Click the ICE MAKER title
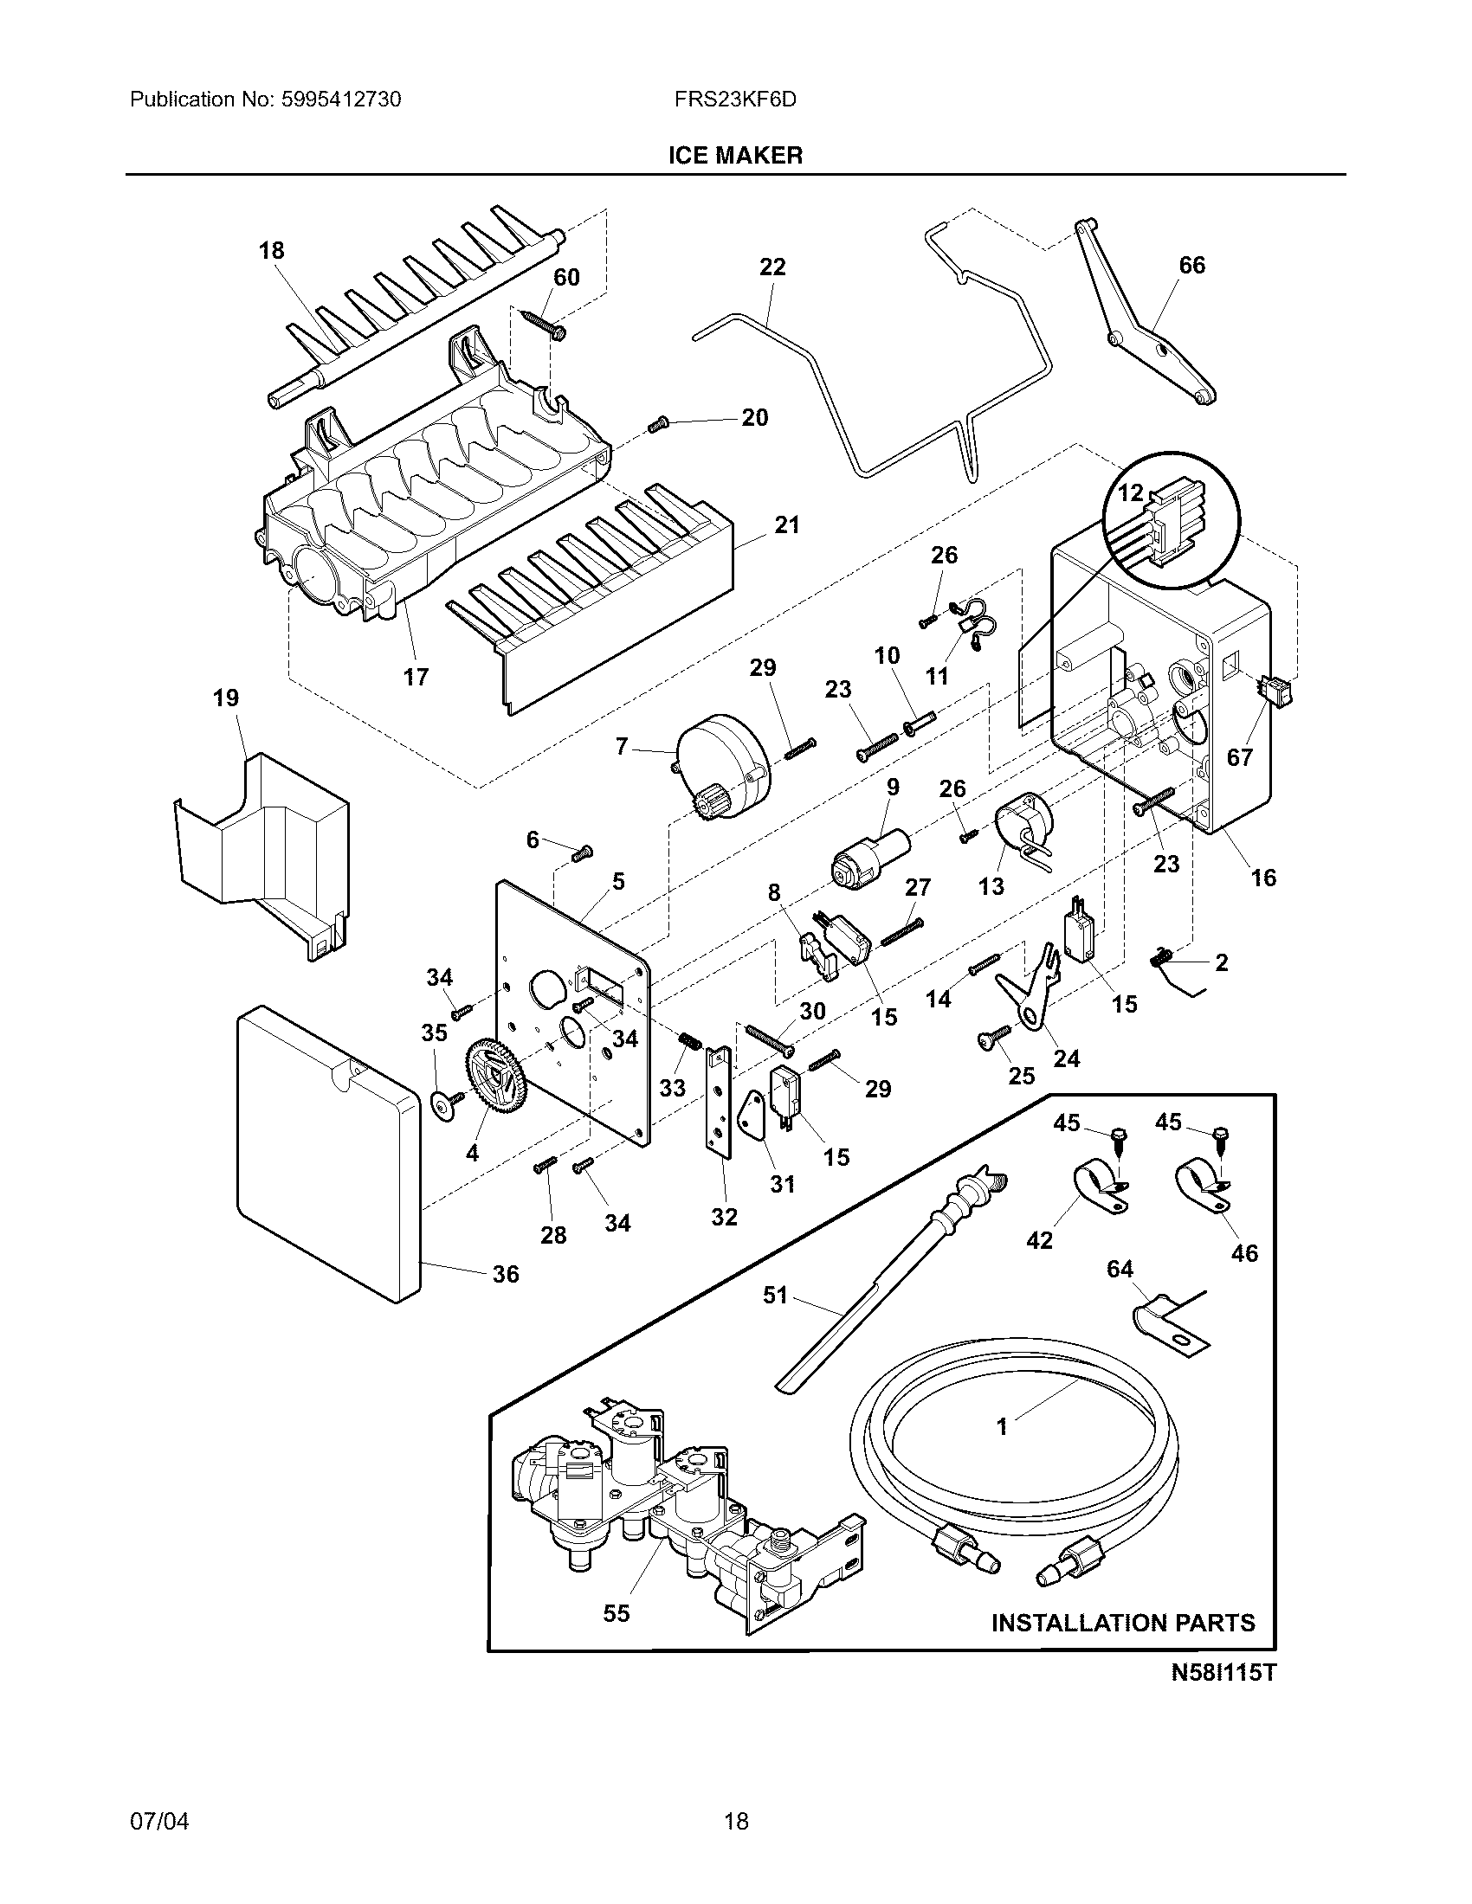[x=735, y=155]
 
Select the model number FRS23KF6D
[x=735, y=100]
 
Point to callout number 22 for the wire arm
[x=772, y=267]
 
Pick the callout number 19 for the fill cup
[x=226, y=698]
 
